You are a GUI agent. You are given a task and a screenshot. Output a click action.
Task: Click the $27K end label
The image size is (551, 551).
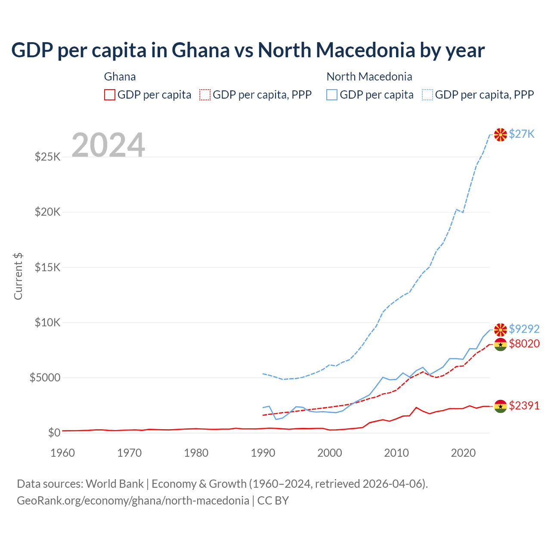click(x=522, y=134)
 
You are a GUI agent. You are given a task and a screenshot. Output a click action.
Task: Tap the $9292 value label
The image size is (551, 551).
click(x=524, y=329)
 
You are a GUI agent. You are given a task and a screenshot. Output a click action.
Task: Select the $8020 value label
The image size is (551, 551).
click(x=524, y=344)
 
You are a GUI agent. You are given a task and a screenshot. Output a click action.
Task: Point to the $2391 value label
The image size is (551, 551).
click(x=524, y=406)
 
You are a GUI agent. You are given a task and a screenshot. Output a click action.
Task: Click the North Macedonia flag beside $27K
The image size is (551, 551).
click(x=500, y=134)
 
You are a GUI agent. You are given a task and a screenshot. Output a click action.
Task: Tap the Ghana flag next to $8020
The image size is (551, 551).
click(x=500, y=344)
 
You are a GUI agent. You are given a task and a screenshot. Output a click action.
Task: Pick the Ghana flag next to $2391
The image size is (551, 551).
click(x=500, y=406)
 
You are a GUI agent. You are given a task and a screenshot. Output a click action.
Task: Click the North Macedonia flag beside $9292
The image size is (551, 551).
click(x=500, y=330)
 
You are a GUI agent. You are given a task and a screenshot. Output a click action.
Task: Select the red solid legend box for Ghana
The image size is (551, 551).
click(x=110, y=95)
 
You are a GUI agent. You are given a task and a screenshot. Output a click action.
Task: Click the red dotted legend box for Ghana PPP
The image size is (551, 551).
click(x=205, y=95)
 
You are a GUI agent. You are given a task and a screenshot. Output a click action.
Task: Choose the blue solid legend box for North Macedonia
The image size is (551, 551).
click(x=332, y=95)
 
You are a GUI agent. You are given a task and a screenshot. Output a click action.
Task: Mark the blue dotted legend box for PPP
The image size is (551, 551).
click(x=427, y=95)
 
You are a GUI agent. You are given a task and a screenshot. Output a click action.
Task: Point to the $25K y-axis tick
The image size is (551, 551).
click(x=48, y=157)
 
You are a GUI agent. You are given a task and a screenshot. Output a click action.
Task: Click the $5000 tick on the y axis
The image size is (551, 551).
click(x=45, y=378)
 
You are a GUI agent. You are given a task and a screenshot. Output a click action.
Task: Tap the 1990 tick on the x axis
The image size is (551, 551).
click(x=263, y=453)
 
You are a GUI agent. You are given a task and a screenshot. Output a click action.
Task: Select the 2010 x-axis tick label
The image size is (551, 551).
click(x=396, y=453)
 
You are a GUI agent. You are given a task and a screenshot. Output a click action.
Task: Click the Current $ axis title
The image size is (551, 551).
click(x=18, y=276)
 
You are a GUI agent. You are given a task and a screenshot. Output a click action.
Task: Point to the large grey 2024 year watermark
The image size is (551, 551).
click(x=108, y=145)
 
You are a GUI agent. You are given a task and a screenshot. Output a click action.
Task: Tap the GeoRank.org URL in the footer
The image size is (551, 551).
click(x=133, y=501)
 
